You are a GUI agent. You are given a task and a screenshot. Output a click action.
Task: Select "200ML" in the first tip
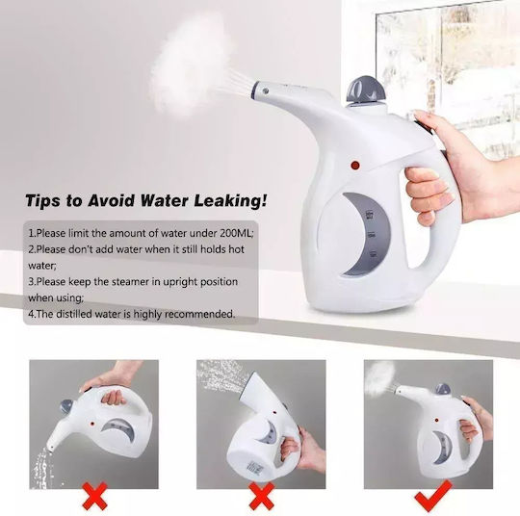(236, 233)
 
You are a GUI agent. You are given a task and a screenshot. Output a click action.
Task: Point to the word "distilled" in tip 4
(73, 314)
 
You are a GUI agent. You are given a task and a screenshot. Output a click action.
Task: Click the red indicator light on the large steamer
(355, 165)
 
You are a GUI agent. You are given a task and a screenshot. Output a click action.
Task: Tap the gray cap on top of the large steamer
(367, 89)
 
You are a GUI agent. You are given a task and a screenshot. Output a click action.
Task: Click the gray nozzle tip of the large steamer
(261, 90)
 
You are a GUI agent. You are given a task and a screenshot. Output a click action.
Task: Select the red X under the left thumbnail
(94, 496)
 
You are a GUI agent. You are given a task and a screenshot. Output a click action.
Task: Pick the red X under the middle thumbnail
(261, 496)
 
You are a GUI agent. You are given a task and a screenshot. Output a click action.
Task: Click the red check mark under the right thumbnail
(432, 496)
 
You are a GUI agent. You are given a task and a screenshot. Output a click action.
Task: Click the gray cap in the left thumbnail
(66, 406)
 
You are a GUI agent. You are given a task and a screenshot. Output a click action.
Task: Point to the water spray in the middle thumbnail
(221, 374)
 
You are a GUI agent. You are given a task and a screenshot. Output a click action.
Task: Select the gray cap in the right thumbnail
(443, 389)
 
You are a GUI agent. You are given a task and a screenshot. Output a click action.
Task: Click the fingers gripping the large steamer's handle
(428, 195)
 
